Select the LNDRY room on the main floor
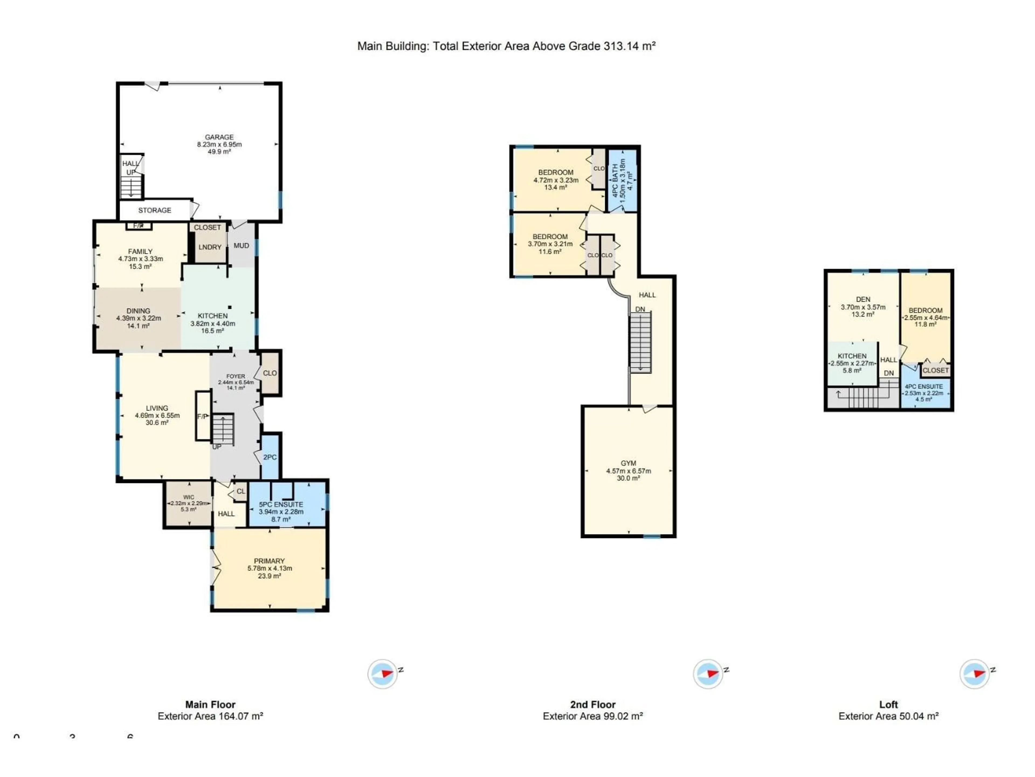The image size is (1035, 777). [210, 247]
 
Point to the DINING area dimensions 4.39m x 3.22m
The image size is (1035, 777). [139, 318]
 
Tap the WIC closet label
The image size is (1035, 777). [189, 497]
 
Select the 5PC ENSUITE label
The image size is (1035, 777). [281, 505]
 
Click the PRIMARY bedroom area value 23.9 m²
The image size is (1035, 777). [270, 576]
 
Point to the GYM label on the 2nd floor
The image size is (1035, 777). [628, 463]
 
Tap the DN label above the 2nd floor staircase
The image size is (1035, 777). [640, 309]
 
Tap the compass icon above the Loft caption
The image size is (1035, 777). [975, 674]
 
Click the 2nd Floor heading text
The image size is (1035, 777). [592, 704]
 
